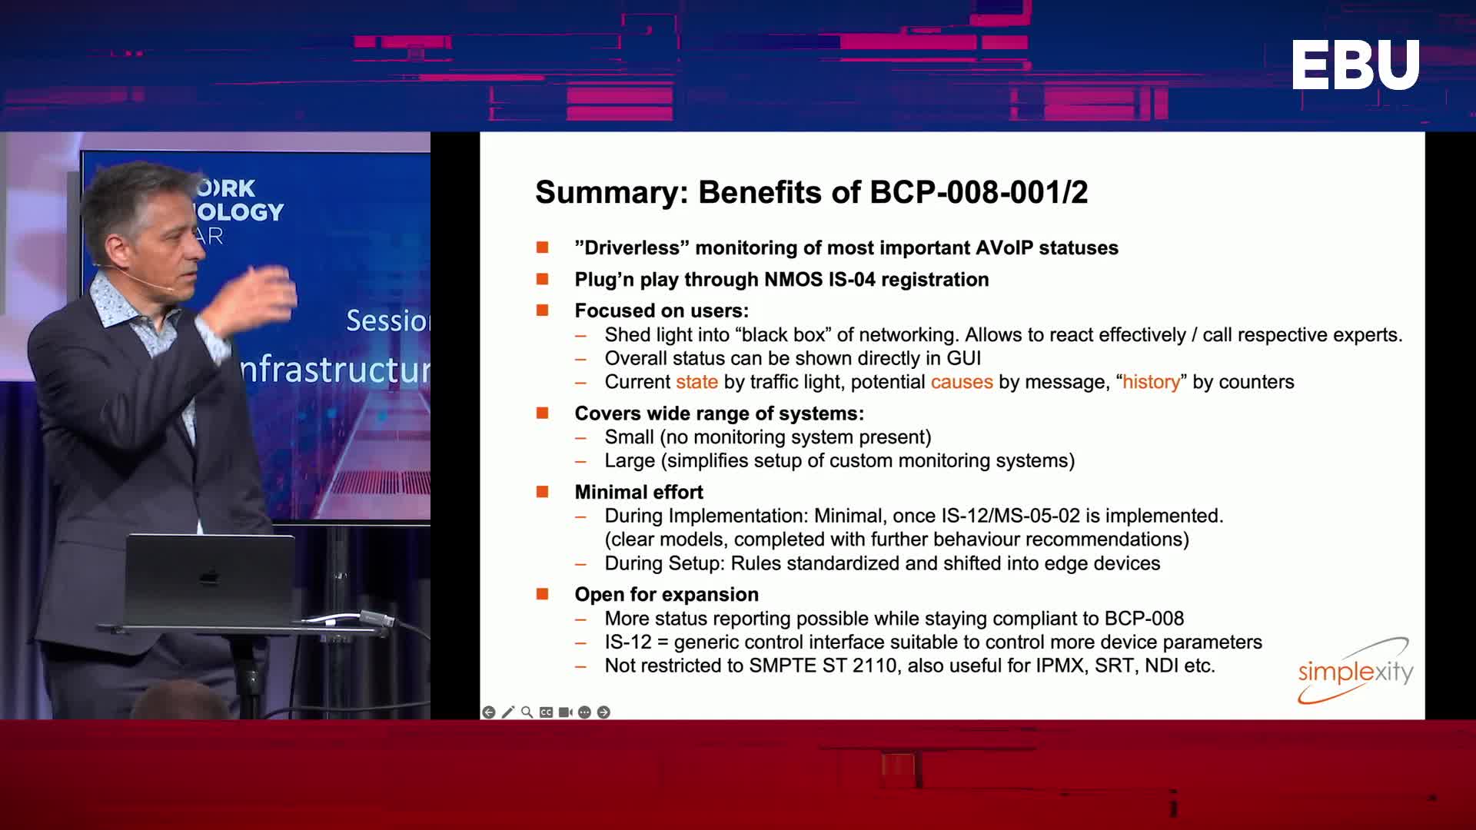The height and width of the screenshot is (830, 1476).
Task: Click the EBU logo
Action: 1355,65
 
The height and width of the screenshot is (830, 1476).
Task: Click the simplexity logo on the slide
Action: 1355,671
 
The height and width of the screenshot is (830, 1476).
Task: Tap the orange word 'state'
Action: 696,382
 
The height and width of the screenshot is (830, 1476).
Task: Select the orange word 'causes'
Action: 962,382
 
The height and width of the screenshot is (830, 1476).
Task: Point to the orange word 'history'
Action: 1151,382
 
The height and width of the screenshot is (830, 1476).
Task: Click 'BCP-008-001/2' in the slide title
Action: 979,192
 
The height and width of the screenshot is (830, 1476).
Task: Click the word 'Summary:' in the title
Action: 612,192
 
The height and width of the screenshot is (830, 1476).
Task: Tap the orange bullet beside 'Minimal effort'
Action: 543,491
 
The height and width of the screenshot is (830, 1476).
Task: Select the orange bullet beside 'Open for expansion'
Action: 543,593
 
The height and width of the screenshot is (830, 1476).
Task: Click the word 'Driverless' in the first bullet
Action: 633,247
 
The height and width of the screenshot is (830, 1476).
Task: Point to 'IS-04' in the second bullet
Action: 852,279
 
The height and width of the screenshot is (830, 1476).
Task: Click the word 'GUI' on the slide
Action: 964,358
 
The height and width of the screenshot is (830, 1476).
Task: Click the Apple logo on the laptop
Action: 209,576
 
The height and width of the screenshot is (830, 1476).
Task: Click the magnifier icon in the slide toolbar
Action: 527,712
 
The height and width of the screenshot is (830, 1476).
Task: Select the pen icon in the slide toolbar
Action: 508,712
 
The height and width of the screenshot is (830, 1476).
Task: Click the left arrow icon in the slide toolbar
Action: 489,712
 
